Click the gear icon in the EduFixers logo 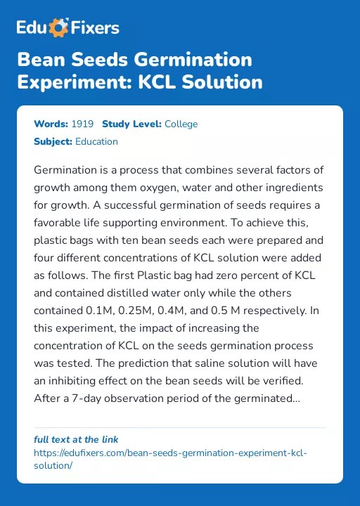tap(60, 28)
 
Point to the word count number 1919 tap(82, 124)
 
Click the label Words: tap(51, 124)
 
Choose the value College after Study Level tap(181, 124)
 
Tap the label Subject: tap(53, 141)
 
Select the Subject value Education tap(96, 141)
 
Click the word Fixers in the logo tap(95, 28)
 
